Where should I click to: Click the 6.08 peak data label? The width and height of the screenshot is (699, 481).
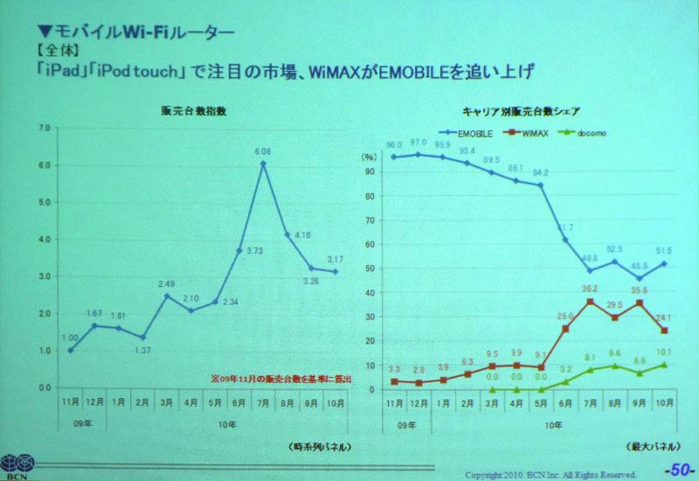262,151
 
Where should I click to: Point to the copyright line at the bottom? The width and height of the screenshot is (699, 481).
550,474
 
